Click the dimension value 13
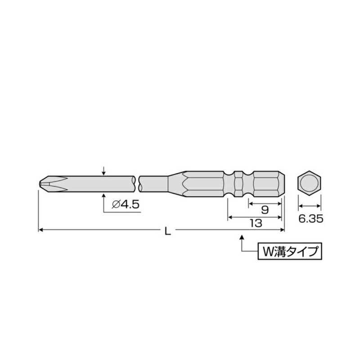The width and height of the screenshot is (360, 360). [x=256, y=223]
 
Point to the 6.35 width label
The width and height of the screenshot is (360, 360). [x=310, y=220]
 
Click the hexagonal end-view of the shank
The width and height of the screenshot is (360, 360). [x=310, y=183]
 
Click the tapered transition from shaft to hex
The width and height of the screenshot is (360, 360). [x=175, y=183]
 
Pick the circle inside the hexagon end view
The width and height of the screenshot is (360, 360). [x=310, y=183]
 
